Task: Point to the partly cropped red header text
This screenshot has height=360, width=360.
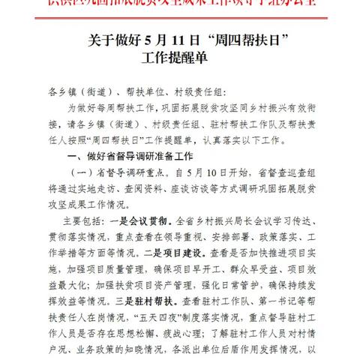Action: pyautogui.click(x=180, y=5)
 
